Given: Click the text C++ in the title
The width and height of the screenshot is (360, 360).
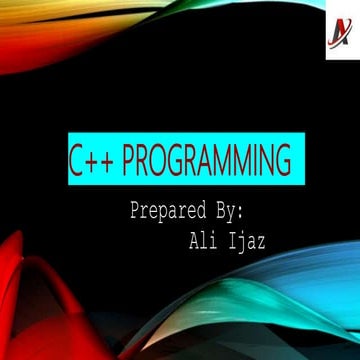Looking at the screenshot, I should point(93,160).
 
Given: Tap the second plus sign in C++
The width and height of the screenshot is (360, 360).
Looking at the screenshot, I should point(109,161).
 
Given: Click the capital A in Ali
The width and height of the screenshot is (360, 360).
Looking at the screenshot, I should point(193,240).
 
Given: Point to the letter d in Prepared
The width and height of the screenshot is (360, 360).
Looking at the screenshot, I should point(201,212).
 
